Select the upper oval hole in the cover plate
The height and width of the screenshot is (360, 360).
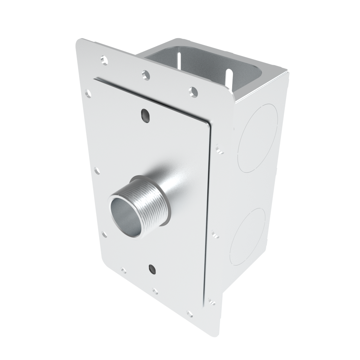[145, 115]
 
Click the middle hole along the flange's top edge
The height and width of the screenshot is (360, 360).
[145, 75]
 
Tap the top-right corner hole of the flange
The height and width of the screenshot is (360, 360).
[194, 92]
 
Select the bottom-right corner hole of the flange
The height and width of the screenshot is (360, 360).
[189, 314]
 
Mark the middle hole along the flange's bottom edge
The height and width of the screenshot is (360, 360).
[155, 291]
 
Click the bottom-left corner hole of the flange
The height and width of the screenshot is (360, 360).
[124, 270]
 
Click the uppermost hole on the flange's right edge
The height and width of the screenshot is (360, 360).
[219, 149]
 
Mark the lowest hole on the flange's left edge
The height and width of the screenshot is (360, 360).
[104, 234]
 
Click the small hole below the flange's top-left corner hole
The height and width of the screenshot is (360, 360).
[88, 94]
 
